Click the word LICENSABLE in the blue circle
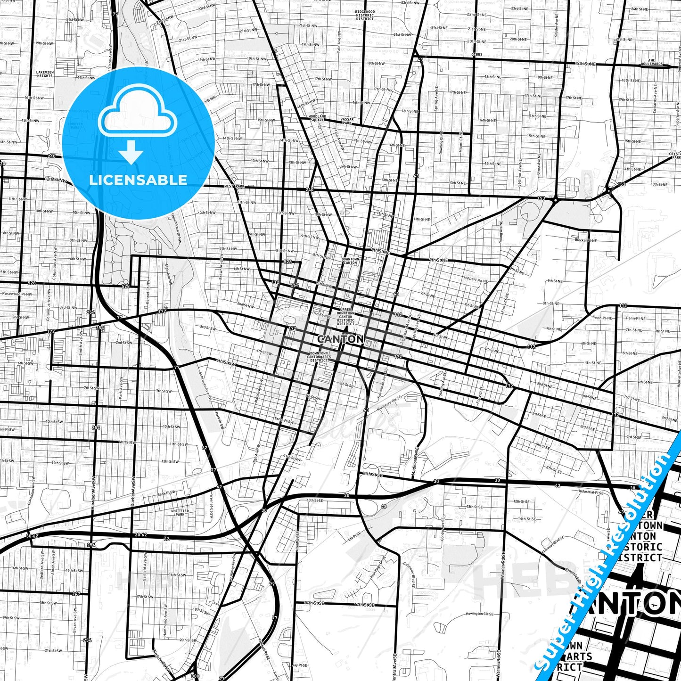tap(138, 180)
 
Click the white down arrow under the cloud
tap(131, 151)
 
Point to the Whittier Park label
tap(180, 513)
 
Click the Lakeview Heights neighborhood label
tap(45, 74)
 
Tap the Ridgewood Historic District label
tap(365, 15)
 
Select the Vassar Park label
tap(347, 121)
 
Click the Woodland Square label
tap(317, 118)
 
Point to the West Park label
tap(234, 187)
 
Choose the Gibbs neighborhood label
tap(476, 55)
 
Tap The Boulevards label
tap(655, 62)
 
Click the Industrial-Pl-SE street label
tap(591, 492)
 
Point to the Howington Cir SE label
tap(479, 614)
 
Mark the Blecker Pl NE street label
tap(586, 240)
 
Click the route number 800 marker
tap(195, 676)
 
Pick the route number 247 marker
tap(76, 593)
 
